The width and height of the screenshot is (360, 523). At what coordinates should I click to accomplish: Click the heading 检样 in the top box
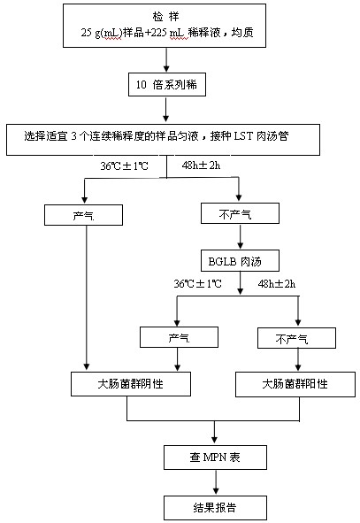point(165,16)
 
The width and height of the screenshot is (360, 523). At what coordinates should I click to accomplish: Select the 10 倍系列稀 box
point(167,85)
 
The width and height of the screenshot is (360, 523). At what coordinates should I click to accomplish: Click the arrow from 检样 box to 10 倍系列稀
point(166,59)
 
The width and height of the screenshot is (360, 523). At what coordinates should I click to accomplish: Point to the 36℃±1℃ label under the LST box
point(125,165)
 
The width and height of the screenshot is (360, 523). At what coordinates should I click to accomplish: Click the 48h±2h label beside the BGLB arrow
point(277,284)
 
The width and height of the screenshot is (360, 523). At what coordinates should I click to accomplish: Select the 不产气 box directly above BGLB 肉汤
point(240,213)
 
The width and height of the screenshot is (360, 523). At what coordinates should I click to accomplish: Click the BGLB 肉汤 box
point(240,260)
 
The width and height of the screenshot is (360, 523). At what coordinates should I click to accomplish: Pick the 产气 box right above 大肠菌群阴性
point(179,337)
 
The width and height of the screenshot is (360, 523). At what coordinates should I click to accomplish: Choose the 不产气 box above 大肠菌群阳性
point(296,338)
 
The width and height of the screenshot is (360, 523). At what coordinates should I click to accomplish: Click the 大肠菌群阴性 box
point(131,384)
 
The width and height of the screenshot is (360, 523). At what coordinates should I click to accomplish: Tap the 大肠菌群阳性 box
point(295,385)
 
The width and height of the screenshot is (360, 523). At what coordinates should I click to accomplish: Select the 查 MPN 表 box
point(215,458)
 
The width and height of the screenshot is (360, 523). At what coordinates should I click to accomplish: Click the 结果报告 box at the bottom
point(215,508)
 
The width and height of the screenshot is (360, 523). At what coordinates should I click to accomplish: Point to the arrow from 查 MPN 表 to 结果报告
point(216,482)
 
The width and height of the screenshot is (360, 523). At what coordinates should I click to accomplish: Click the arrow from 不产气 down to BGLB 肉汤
point(240,236)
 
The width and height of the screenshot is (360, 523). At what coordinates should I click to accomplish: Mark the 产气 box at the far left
point(84,215)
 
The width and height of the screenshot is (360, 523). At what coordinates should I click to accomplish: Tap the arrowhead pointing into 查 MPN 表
point(214,440)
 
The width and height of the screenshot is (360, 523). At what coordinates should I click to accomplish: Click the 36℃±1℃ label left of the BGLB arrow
point(197,284)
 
